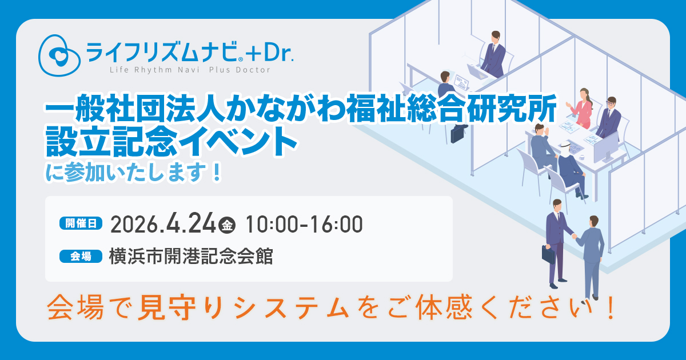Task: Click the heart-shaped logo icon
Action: click(x=59, y=55)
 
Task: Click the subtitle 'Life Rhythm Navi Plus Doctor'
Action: click(x=190, y=70)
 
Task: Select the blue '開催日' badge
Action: click(x=81, y=223)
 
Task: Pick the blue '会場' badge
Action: click(x=81, y=256)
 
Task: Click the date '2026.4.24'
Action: click(x=163, y=224)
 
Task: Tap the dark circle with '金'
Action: click(x=227, y=226)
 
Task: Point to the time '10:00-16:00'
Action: click(x=304, y=225)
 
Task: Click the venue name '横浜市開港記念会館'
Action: click(x=191, y=256)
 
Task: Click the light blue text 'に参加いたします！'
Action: click(x=134, y=173)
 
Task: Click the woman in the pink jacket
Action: click(x=581, y=109)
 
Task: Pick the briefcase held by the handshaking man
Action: click(x=548, y=254)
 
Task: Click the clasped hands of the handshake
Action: click(x=574, y=237)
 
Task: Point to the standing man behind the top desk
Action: click(x=494, y=54)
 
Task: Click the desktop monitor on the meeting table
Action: click(x=607, y=148)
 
